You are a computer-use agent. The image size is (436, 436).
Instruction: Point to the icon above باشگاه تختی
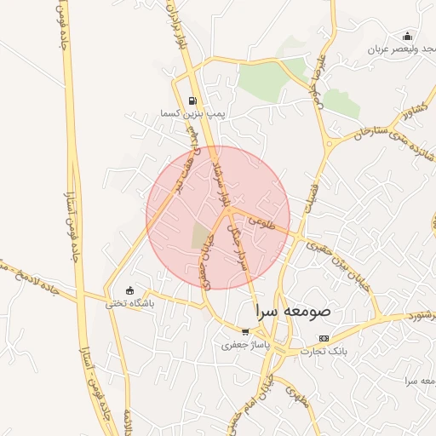click(x=129, y=290)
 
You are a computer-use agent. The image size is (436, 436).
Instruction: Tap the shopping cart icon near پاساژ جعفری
click(x=245, y=332)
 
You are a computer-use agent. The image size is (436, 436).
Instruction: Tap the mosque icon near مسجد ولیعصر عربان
click(x=407, y=37)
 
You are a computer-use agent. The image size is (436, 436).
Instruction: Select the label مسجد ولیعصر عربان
click(x=401, y=49)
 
